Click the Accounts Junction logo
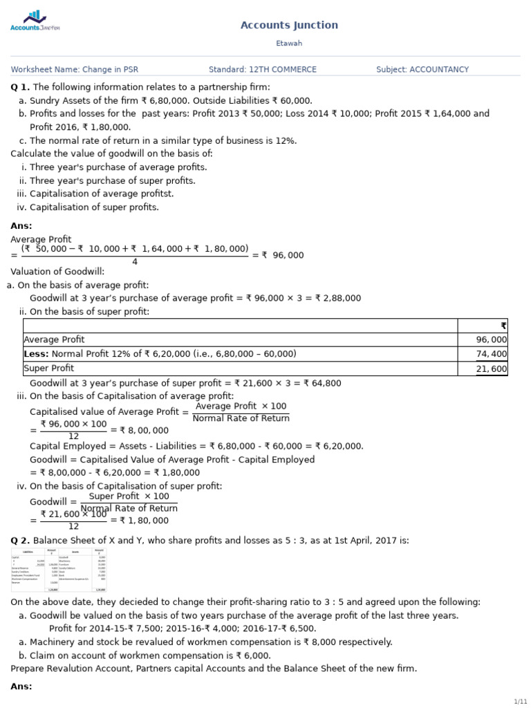(x=35, y=21)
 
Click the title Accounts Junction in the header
(x=289, y=26)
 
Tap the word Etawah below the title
(x=289, y=44)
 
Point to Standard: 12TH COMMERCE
(x=263, y=70)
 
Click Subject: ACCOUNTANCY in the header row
(x=422, y=70)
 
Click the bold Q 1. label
(x=20, y=87)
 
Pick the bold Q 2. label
(x=20, y=541)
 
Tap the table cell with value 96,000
(x=492, y=339)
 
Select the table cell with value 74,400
(x=492, y=354)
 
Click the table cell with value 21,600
(x=492, y=369)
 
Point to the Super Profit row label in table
(x=48, y=369)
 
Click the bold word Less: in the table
(x=36, y=354)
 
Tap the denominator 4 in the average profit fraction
(x=134, y=262)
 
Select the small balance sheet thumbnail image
(x=59, y=570)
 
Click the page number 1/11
(x=520, y=701)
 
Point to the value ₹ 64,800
(x=322, y=383)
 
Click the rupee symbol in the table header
(x=503, y=326)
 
